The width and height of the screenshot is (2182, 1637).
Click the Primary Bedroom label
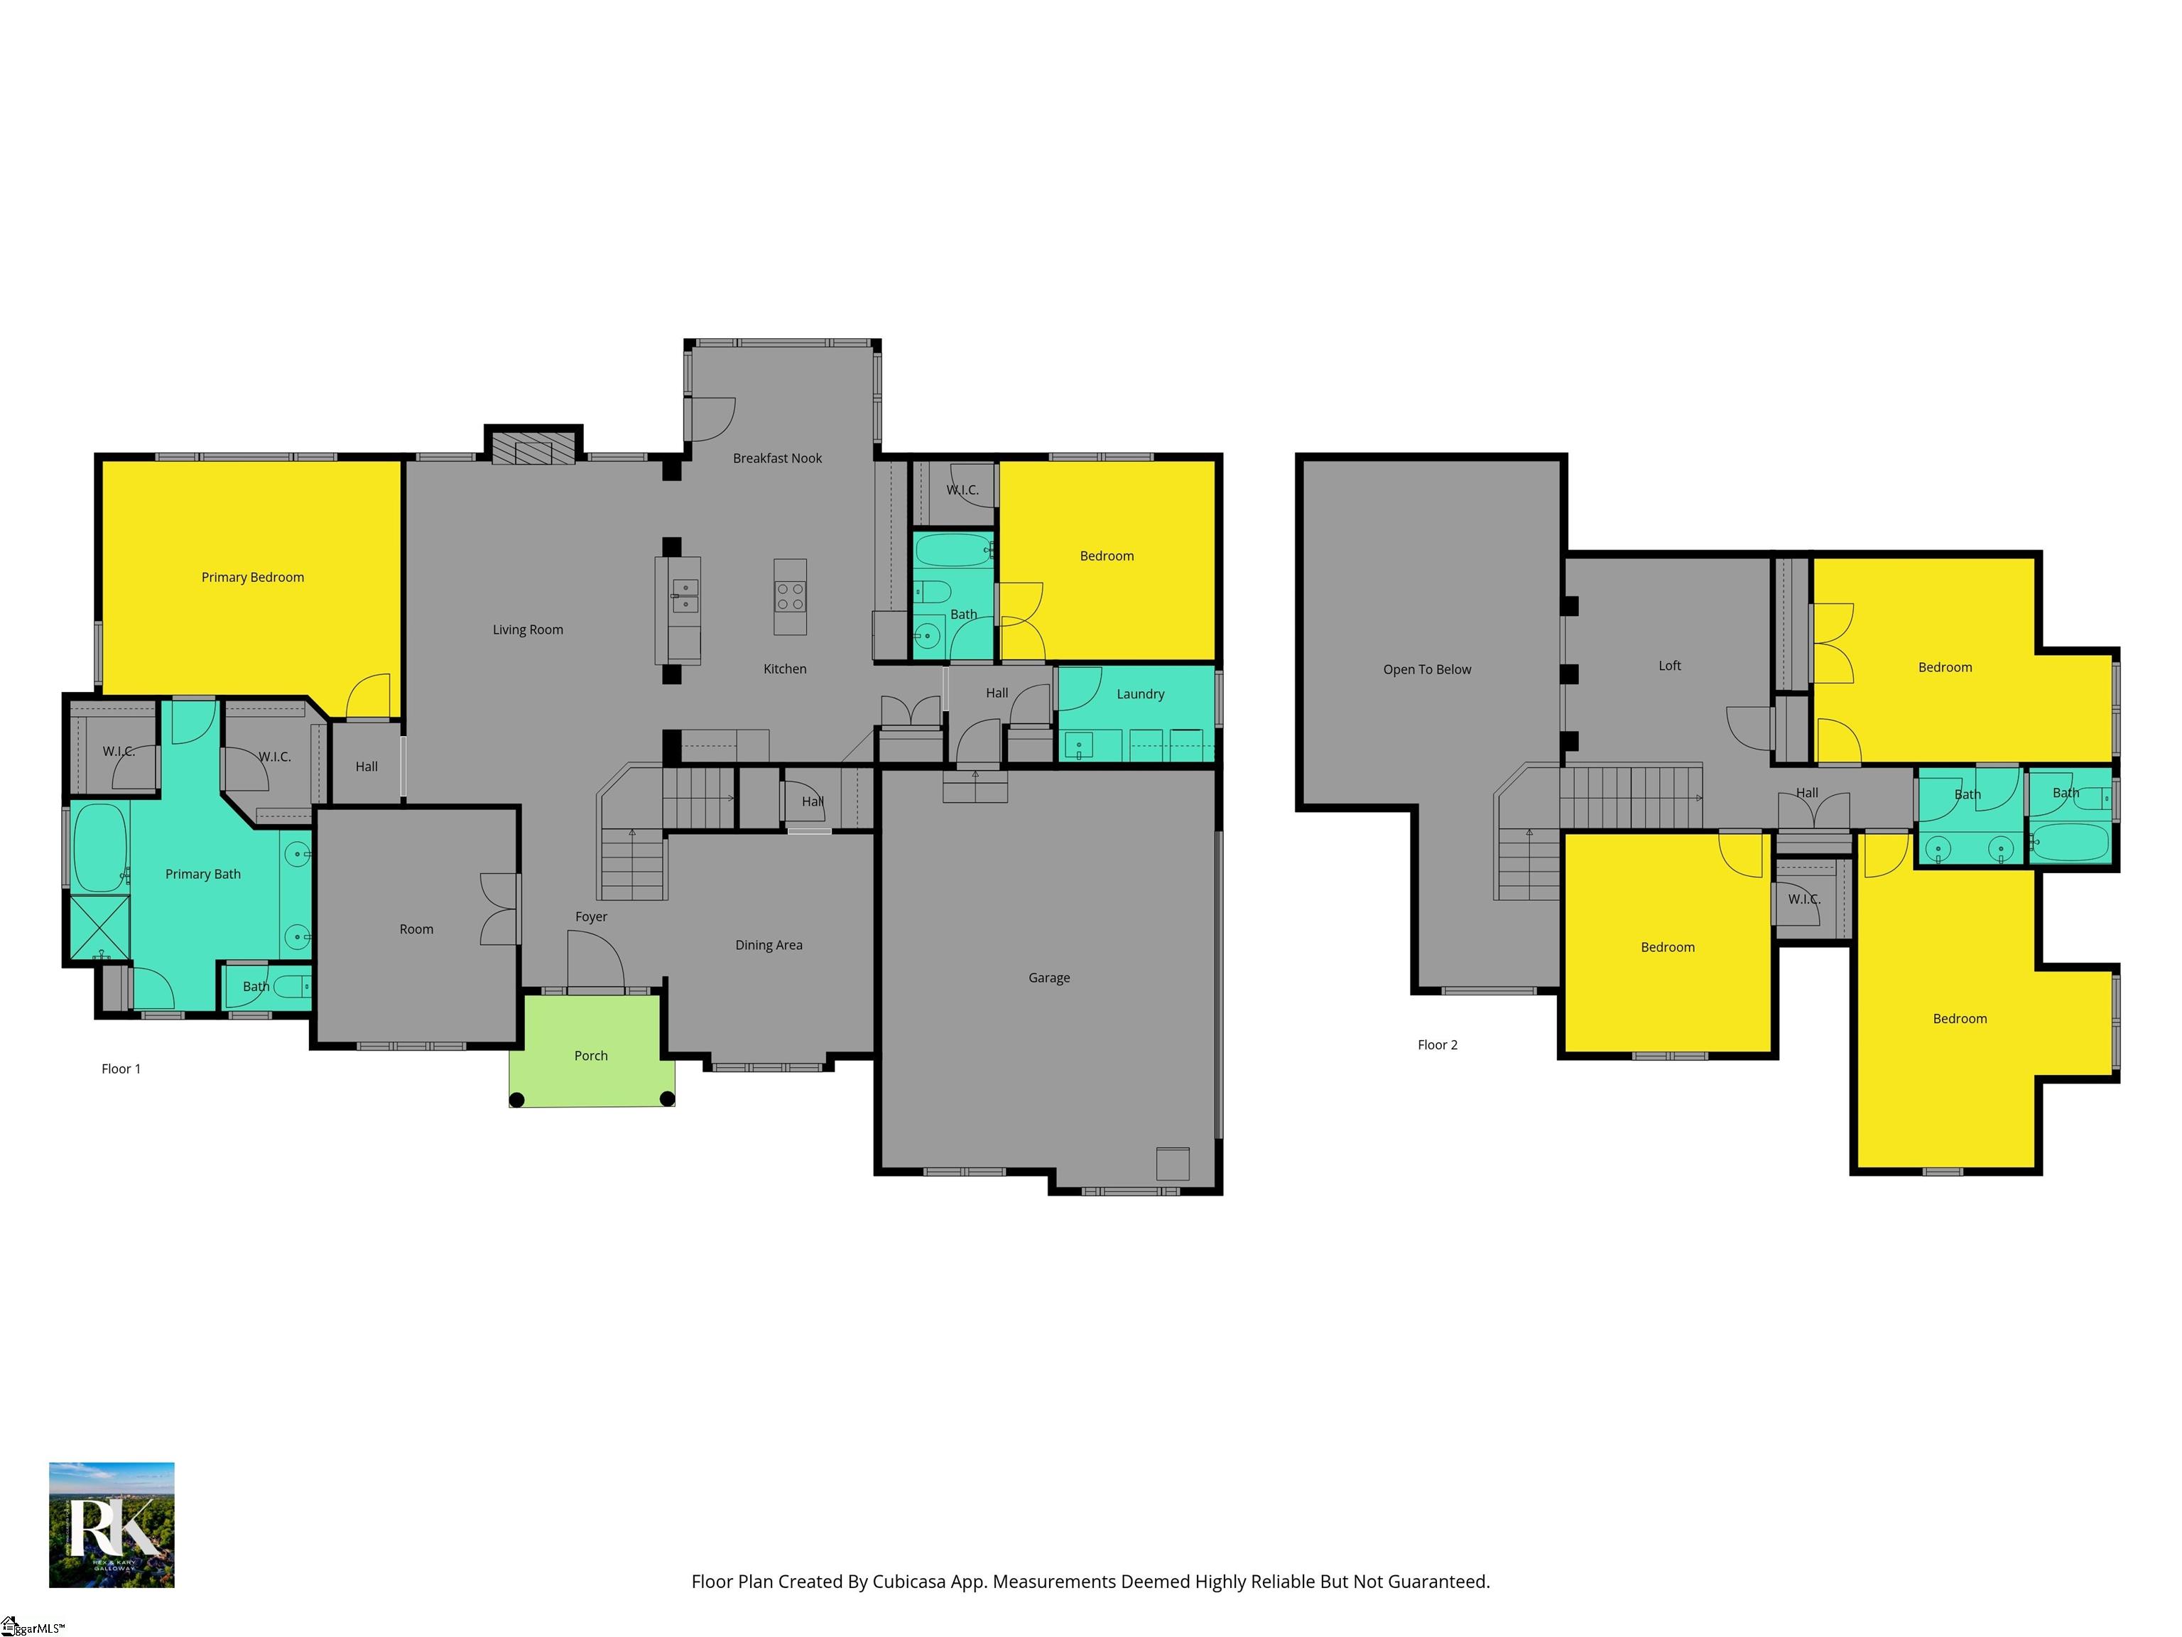pyautogui.click(x=253, y=577)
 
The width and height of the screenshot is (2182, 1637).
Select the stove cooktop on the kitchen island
pyautogui.click(x=790, y=597)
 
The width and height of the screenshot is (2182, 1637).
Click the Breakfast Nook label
pyautogui.click(x=777, y=458)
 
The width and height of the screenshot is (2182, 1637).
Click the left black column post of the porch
pyautogui.click(x=516, y=1099)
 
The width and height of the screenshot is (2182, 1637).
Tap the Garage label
pyautogui.click(x=1048, y=978)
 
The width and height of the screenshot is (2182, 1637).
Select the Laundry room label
pyautogui.click(x=1140, y=693)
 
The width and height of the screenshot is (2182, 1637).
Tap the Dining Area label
pyautogui.click(x=769, y=945)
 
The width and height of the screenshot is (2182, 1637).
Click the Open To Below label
pyautogui.click(x=1426, y=669)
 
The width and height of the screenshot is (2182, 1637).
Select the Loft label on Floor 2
pyautogui.click(x=1669, y=666)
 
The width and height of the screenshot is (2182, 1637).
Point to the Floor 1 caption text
pyautogui.click(x=121, y=1069)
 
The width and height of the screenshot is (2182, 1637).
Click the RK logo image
pyautogui.click(x=112, y=1525)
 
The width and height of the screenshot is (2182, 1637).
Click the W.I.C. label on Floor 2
pyautogui.click(x=1803, y=899)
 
